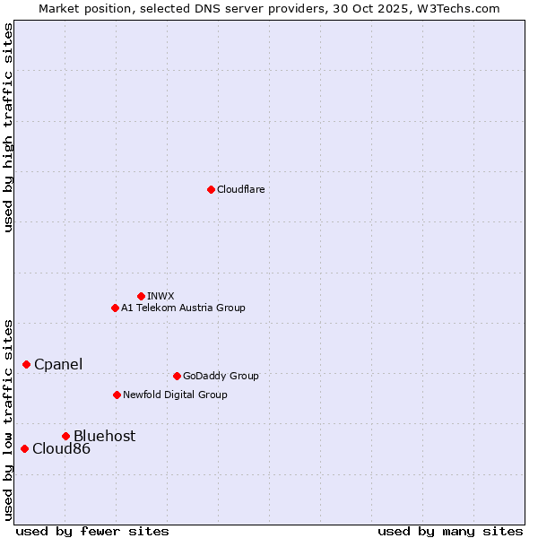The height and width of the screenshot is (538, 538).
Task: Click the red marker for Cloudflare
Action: (x=211, y=189)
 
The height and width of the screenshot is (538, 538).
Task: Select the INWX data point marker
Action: (x=141, y=296)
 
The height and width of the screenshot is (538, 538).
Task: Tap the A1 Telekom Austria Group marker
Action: (x=115, y=308)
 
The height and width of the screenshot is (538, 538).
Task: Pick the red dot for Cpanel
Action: (x=26, y=364)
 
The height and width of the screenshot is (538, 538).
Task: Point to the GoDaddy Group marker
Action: (x=177, y=376)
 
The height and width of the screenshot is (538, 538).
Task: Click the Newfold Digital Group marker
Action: (x=117, y=395)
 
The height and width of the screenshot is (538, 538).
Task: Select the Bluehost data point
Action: (x=65, y=436)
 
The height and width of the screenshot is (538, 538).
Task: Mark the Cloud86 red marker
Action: (x=24, y=448)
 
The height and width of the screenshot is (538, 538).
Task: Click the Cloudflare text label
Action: (x=240, y=189)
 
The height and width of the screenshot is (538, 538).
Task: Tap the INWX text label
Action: (x=161, y=296)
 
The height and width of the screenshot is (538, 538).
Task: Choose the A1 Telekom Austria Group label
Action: (x=183, y=308)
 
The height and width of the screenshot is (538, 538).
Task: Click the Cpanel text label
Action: (x=58, y=364)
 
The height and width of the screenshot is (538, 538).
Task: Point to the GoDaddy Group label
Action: (x=221, y=376)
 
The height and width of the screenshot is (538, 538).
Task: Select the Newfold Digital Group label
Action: (x=175, y=395)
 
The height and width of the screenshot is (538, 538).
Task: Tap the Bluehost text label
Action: (x=104, y=436)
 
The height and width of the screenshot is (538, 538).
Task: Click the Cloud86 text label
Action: (x=61, y=448)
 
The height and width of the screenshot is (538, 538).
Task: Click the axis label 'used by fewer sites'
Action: (x=92, y=531)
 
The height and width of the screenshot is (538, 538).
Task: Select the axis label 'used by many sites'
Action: (x=450, y=531)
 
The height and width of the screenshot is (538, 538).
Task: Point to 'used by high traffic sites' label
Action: (x=8, y=127)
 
